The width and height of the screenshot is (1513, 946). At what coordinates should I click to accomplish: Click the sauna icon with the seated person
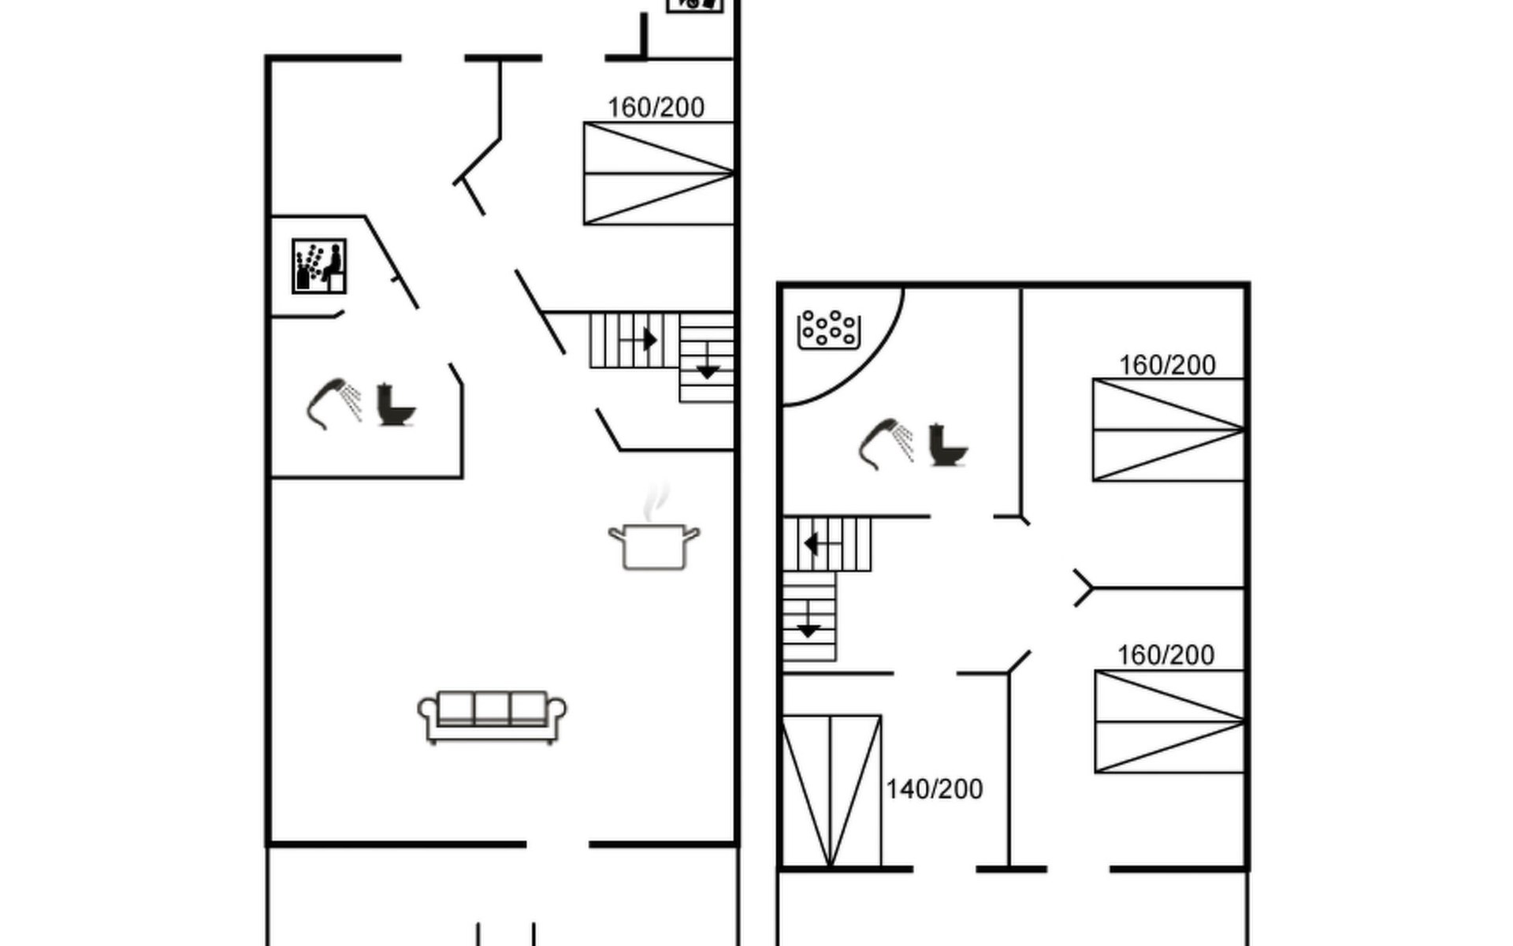click(x=319, y=266)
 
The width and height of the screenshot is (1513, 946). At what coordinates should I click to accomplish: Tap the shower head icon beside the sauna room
click(x=334, y=404)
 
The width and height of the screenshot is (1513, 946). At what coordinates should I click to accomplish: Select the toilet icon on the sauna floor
click(x=395, y=404)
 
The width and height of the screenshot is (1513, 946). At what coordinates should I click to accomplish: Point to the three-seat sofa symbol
click(x=492, y=717)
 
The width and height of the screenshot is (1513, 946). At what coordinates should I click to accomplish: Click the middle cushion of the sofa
click(x=492, y=708)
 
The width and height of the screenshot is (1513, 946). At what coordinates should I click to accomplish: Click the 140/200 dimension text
click(x=935, y=789)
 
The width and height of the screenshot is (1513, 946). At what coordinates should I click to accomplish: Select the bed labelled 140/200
click(x=831, y=791)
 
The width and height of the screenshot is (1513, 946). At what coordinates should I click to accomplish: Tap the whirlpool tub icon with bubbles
click(x=828, y=330)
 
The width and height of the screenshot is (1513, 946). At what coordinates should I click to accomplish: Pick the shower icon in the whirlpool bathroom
click(x=886, y=444)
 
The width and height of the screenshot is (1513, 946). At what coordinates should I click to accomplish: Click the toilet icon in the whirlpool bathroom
click(x=947, y=445)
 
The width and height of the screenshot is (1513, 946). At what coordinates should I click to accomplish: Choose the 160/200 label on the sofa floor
click(x=656, y=107)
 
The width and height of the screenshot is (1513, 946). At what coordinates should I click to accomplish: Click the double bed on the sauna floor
click(x=659, y=173)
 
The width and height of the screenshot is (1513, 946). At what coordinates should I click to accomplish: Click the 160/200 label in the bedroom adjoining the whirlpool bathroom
click(x=1167, y=365)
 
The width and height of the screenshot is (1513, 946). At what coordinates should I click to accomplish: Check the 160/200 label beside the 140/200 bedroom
click(x=1165, y=655)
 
